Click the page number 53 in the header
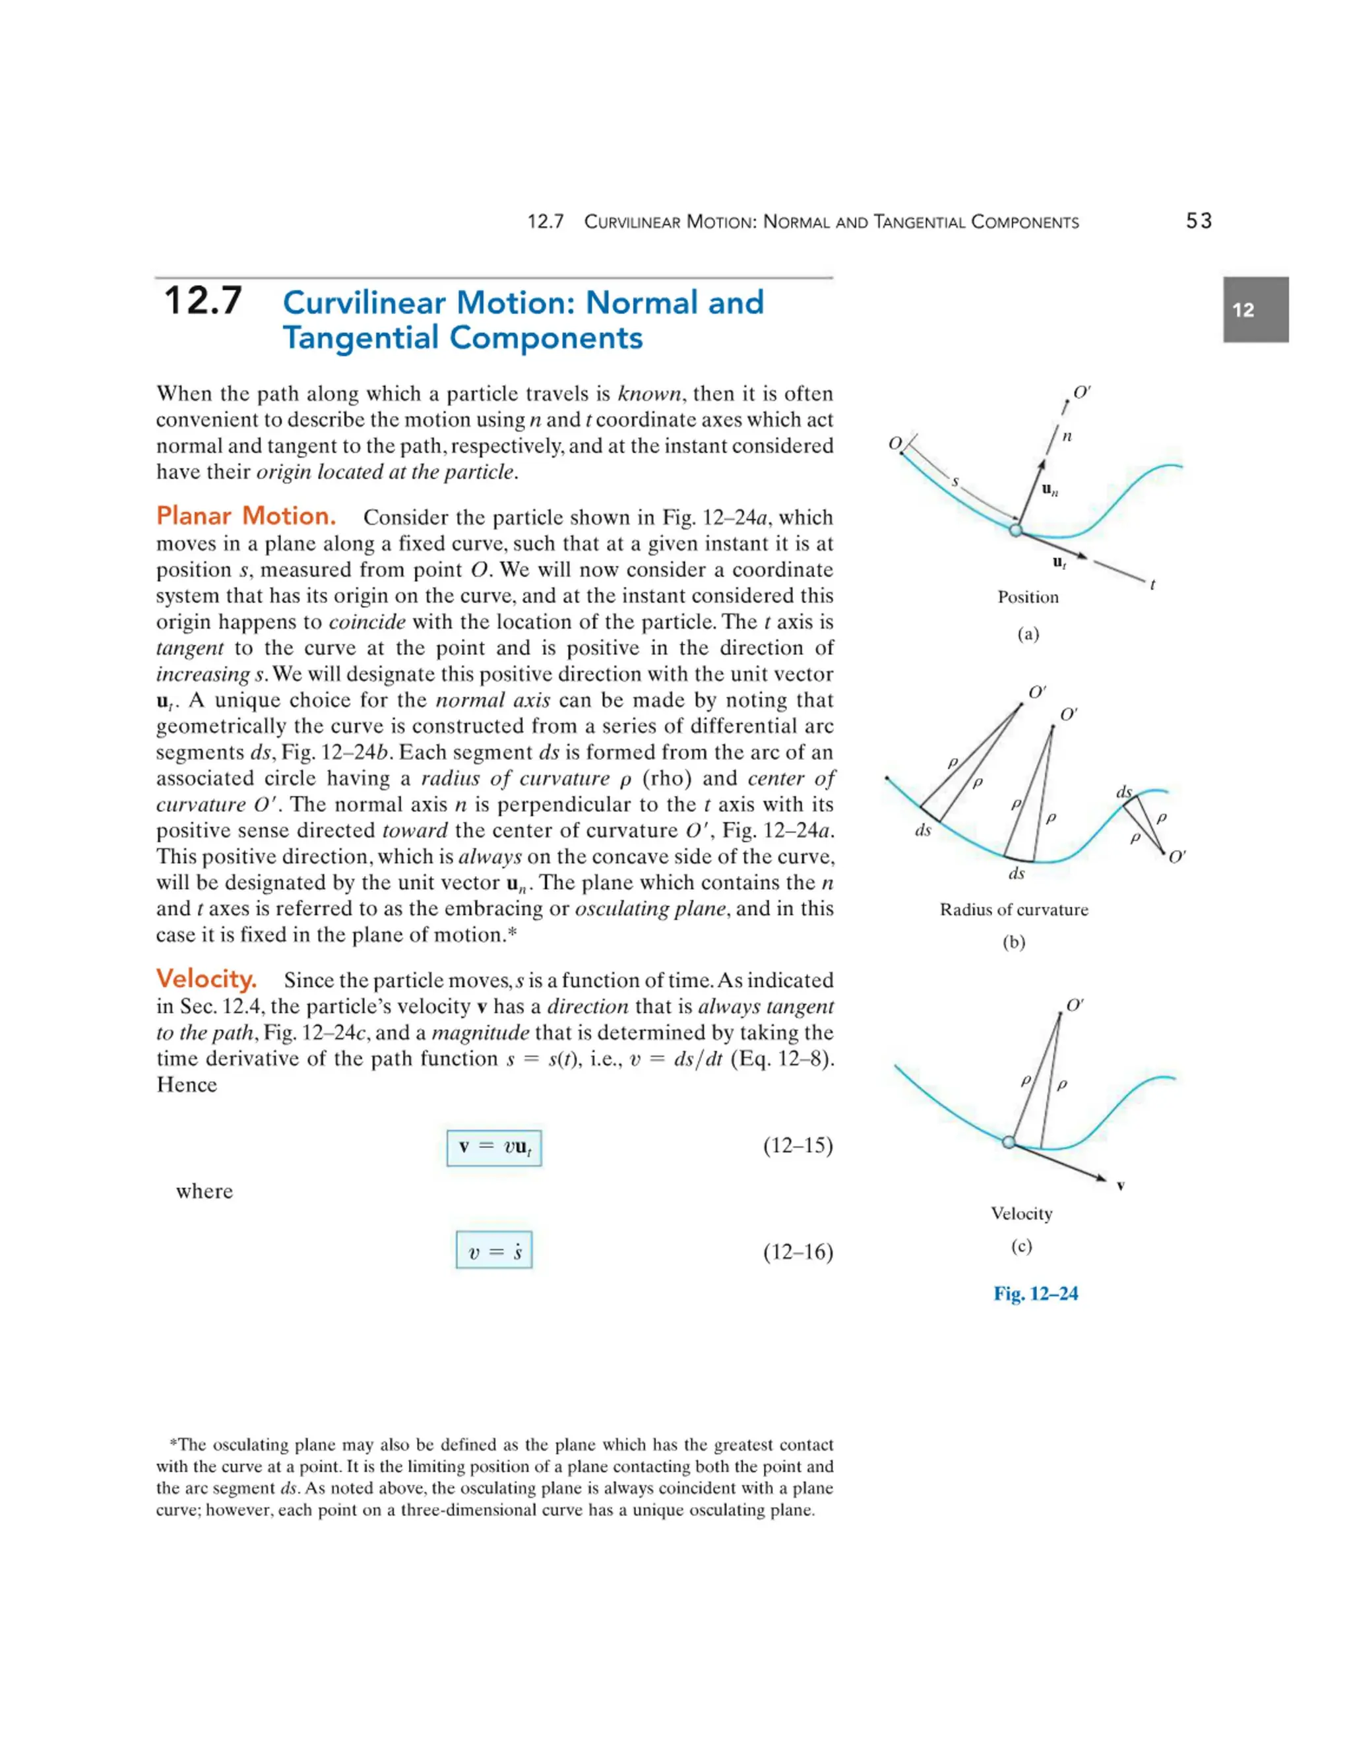coord(1198,221)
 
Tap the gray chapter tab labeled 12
coord(1255,310)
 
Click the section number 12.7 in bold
coord(203,301)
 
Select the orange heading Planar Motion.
coord(245,516)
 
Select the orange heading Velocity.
coord(206,979)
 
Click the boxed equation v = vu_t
coord(494,1147)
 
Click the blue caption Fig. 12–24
coord(1035,1294)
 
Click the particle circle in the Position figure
coord(1016,530)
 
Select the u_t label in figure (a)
coord(1059,563)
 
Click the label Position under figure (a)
coord(1028,597)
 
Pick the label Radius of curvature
coord(1013,910)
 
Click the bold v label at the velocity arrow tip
coord(1121,1185)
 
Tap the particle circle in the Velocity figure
coord(1009,1142)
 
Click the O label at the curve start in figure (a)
coord(895,443)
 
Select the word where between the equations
coord(204,1192)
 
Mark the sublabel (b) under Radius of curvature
coord(1013,942)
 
